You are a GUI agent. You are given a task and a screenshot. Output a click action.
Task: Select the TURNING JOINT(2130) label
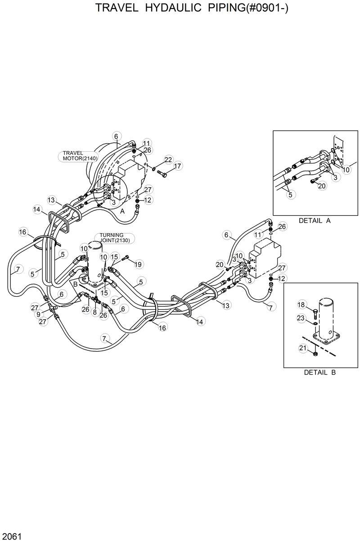(115, 238)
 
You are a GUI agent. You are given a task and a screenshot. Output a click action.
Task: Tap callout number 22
(168, 159)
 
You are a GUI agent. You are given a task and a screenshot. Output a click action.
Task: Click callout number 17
(177, 166)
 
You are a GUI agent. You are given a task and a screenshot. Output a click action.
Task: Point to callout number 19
(138, 264)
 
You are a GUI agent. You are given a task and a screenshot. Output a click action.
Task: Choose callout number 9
(38, 314)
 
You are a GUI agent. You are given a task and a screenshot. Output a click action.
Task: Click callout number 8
(94, 312)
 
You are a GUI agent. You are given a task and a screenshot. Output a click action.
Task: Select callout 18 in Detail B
(301, 305)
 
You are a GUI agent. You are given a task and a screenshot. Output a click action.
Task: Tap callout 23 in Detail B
(301, 318)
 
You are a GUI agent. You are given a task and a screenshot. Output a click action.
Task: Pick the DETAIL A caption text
(315, 221)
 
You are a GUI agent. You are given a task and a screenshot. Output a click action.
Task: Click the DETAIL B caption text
(319, 372)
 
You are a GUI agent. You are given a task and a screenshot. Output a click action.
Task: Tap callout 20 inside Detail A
(322, 186)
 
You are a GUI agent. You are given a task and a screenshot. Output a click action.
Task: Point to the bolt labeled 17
(162, 173)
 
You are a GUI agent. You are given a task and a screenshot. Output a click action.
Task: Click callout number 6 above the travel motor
(116, 136)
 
